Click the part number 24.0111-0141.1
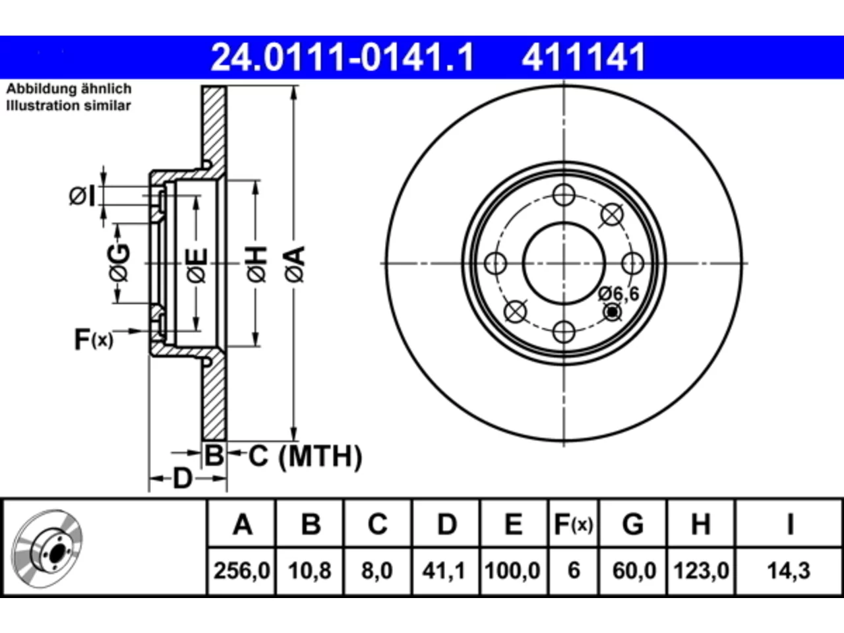(342, 57)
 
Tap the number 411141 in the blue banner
(584, 57)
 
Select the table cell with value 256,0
(241, 570)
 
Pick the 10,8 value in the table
(309, 570)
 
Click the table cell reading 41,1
(444, 570)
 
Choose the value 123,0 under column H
(701, 570)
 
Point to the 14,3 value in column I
(789, 570)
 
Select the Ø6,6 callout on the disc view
(618, 294)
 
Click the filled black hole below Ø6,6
(612, 312)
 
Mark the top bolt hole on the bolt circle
(564, 195)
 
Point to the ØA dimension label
(295, 264)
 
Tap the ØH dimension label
(257, 264)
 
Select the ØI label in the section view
(82, 196)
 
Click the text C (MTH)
(305, 456)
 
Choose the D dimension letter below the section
(182, 479)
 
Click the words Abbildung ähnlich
(69, 89)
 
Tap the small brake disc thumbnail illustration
(47, 549)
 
